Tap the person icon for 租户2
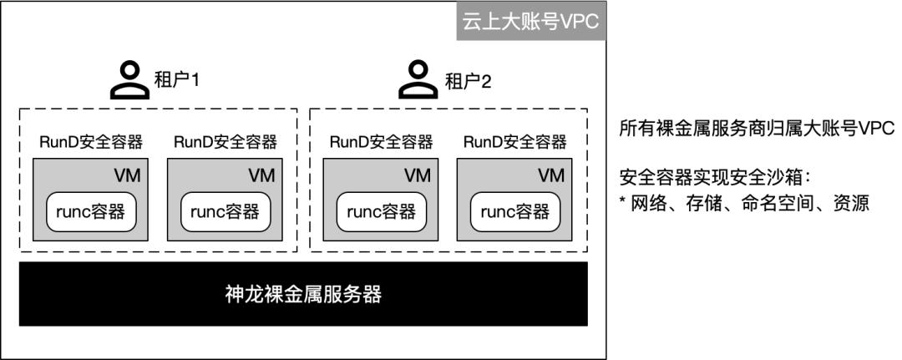(418, 79)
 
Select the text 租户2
(467, 81)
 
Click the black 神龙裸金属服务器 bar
(303, 294)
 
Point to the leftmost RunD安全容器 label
(91, 142)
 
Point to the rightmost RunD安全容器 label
(514, 142)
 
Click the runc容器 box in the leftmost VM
(91, 211)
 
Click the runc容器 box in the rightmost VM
(514, 211)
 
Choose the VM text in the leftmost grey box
(128, 175)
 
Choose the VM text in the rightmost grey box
(551, 175)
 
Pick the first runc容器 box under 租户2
(381, 211)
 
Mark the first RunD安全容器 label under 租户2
(381, 142)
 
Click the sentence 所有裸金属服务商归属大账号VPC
(757, 129)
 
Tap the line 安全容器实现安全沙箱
(716, 178)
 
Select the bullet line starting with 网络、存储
(744, 203)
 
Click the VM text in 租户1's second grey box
(262, 175)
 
